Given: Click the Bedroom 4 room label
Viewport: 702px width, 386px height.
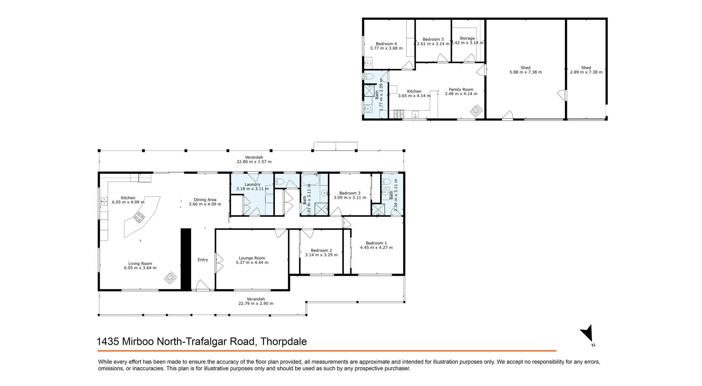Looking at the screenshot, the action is coord(386,44).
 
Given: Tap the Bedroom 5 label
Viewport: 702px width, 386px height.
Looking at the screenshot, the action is coord(433,39).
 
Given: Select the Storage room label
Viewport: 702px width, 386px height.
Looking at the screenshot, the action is coord(467,38).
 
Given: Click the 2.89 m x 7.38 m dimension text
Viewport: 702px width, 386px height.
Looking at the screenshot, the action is coord(586,72).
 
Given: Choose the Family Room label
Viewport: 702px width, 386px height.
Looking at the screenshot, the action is coord(461,89).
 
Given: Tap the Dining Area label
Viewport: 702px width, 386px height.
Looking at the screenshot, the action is coord(205,200).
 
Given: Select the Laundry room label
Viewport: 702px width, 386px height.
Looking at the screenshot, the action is coord(252,184).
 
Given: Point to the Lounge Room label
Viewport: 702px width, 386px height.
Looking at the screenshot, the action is coord(252,258).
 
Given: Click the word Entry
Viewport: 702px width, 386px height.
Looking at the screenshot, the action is coord(203,260).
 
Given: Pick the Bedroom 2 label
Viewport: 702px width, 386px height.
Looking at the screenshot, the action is coord(321,251).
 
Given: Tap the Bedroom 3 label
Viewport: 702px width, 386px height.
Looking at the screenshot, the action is coord(350,193).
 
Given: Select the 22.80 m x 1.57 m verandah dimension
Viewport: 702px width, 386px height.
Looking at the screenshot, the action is coord(254,162).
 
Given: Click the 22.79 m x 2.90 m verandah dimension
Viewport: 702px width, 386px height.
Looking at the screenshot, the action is coord(256,303).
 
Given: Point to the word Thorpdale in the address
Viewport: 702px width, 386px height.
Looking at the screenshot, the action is coord(284,341).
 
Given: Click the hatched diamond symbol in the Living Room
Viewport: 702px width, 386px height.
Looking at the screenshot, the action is coord(171,278).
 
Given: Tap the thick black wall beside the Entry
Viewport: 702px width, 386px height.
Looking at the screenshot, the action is coord(186,259).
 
